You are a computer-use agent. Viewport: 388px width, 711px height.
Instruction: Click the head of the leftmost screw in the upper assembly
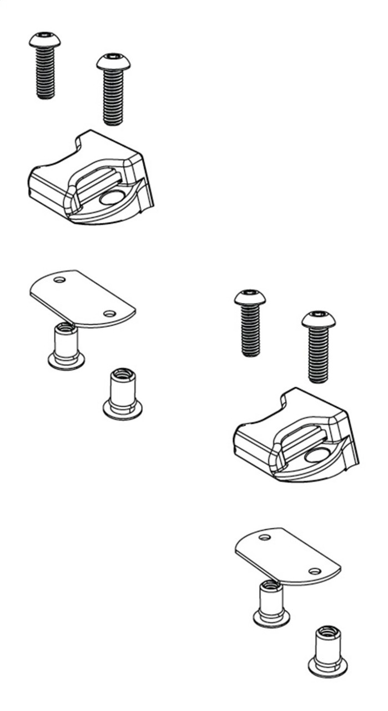(45, 40)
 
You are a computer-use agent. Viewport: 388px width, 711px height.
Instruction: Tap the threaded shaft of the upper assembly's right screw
(113, 97)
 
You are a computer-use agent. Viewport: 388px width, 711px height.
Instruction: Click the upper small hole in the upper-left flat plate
(59, 280)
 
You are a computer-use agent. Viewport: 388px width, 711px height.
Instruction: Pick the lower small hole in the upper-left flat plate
(110, 314)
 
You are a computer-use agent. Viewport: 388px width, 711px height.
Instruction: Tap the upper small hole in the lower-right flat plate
(265, 537)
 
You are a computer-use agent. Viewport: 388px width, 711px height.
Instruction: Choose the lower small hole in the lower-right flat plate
(315, 571)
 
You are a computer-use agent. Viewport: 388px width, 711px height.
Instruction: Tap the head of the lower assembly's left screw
(250, 298)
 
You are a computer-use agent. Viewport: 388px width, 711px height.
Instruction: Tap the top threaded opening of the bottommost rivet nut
(328, 632)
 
